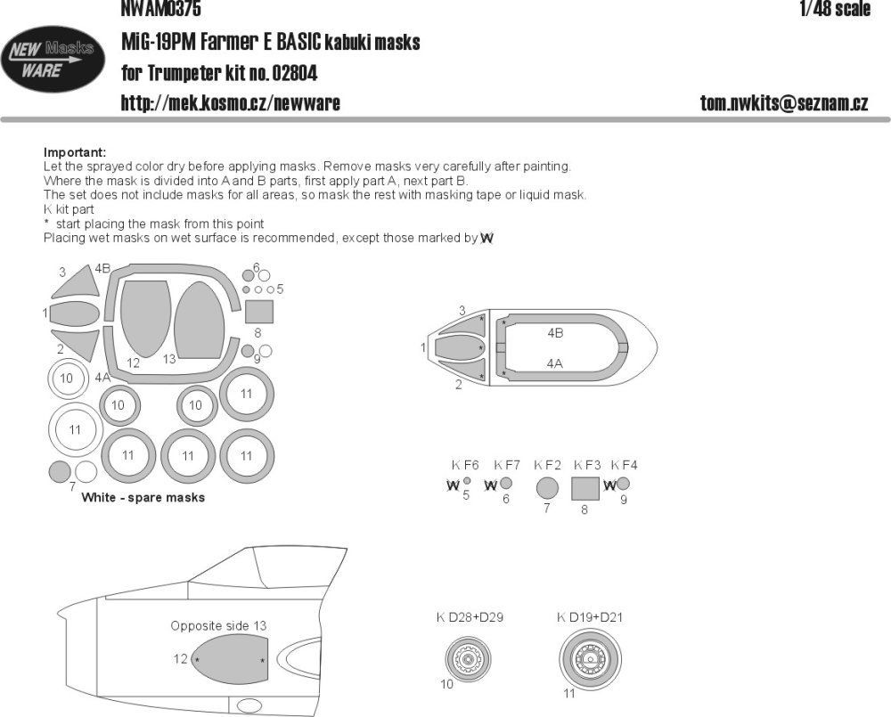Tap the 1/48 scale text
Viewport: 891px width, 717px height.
pos(833,10)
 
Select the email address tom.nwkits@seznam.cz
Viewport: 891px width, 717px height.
pos(784,103)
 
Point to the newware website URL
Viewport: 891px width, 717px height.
pos(230,103)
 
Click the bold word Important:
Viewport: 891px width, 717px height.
pos(74,152)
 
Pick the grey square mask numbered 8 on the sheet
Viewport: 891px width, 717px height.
pos(258,312)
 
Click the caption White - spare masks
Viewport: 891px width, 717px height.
pos(143,497)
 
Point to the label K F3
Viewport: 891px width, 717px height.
pos(587,465)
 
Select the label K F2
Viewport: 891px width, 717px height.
pos(547,465)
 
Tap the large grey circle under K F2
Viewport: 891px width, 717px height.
pos(547,488)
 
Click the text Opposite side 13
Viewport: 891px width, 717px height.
pos(218,626)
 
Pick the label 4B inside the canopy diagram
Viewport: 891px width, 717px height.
pos(555,332)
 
